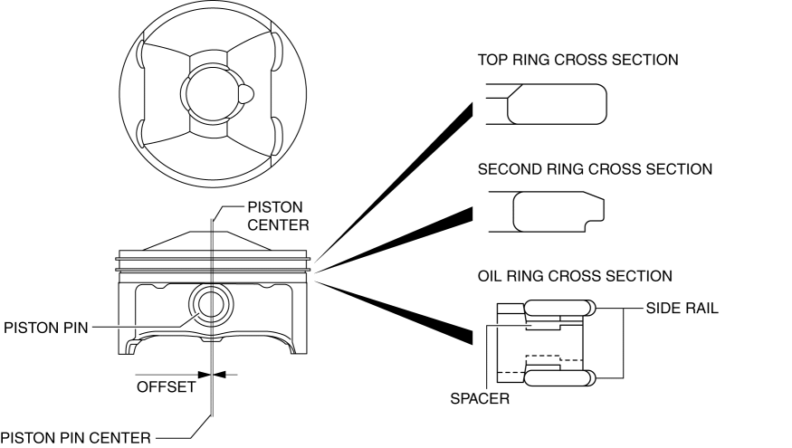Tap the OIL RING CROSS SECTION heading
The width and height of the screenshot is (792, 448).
pyautogui.click(x=575, y=275)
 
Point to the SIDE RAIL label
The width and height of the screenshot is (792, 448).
pyautogui.click(x=682, y=309)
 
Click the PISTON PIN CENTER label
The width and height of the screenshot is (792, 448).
pyautogui.click(x=74, y=438)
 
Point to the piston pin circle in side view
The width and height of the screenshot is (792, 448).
pyautogui.click(x=211, y=305)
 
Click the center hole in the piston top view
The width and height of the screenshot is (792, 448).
pyautogui.click(x=210, y=97)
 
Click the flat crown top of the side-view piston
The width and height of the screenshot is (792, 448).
pyautogui.click(x=214, y=231)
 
